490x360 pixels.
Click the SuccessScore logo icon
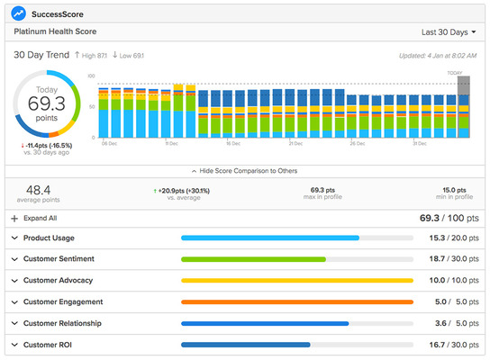coord(18,13)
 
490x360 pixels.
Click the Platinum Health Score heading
coord(56,31)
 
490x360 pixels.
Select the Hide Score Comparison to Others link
coord(244,170)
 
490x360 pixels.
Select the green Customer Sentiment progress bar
coord(253,259)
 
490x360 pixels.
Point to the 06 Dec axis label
coord(109,143)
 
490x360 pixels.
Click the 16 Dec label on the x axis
coord(232,143)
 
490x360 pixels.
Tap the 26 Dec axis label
coord(358,143)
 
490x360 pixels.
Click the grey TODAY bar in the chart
coord(463,105)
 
